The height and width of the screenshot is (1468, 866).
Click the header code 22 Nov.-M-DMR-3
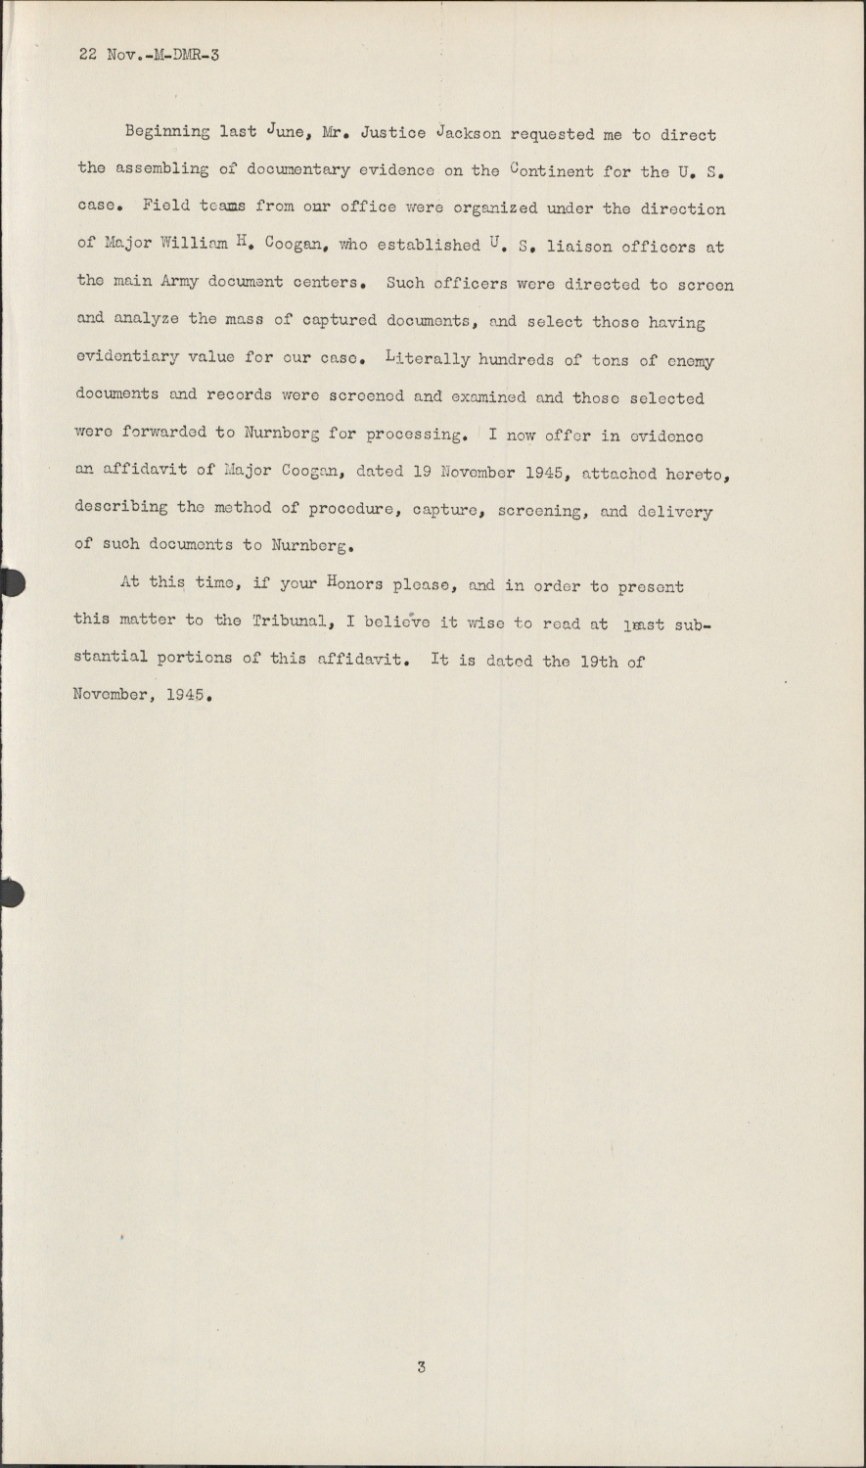(149, 55)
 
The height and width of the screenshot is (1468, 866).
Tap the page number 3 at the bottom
(421, 1367)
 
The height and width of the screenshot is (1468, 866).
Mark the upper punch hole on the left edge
(10, 582)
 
